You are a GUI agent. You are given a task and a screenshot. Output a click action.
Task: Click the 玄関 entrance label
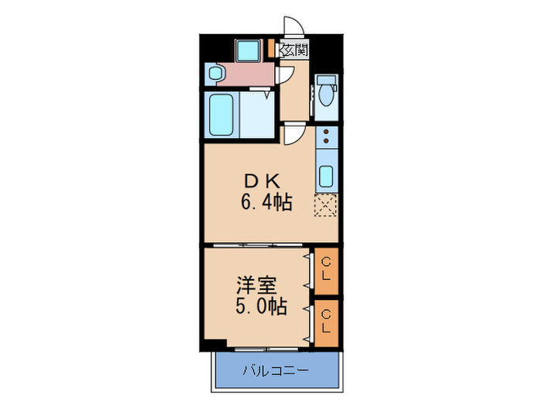click(294, 51)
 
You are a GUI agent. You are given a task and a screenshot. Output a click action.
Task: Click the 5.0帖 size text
click(262, 306)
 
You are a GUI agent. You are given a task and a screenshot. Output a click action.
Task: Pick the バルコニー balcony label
click(277, 371)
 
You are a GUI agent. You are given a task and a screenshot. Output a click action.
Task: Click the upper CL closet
click(326, 271)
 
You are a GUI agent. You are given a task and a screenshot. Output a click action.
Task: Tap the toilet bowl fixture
click(325, 96)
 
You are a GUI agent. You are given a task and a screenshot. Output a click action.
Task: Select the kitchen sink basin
click(326, 176)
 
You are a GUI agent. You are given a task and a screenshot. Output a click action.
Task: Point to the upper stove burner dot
click(326, 133)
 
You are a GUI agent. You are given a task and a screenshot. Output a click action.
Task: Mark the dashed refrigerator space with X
click(326, 205)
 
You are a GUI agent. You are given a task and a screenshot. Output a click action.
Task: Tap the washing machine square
click(249, 52)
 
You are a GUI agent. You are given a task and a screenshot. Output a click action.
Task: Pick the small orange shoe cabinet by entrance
click(272, 49)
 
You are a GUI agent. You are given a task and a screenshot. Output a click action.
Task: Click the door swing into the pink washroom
click(285, 76)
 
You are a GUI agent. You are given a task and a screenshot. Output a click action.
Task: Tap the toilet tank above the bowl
click(325, 80)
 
